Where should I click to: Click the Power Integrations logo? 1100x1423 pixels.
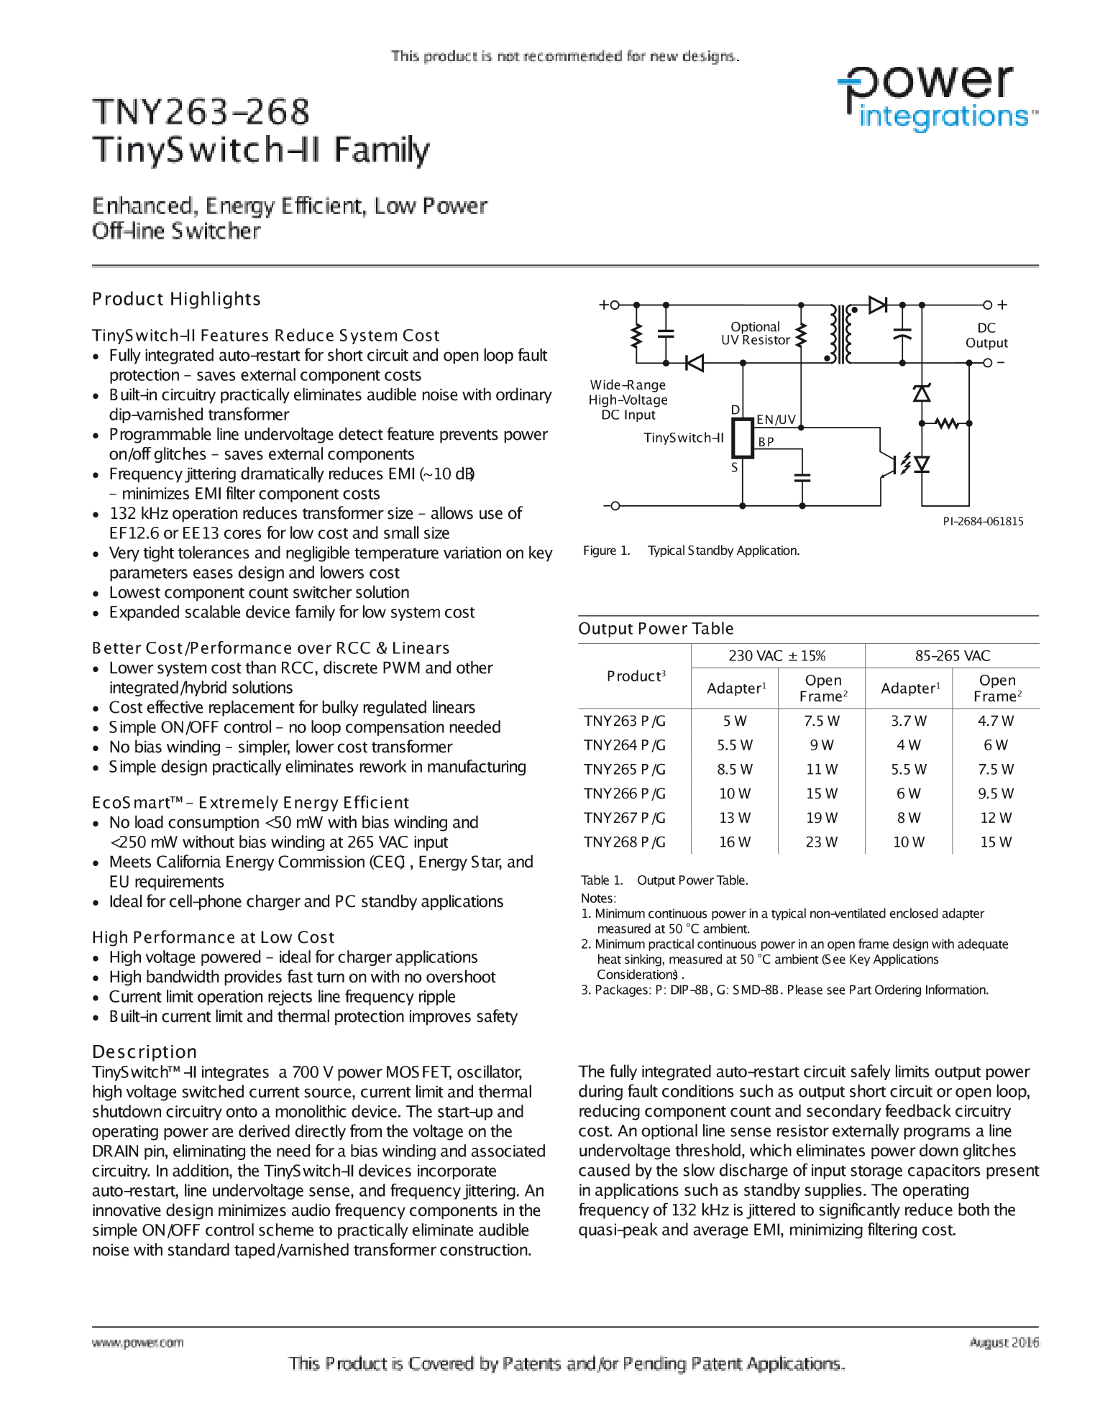click(x=938, y=98)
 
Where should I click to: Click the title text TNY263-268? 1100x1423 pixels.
click(x=201, y=112)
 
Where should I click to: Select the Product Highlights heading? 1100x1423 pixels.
click(x=176, y=299)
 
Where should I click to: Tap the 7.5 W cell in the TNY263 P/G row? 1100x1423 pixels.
click(x=822, y=721)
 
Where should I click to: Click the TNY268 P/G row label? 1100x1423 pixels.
click(x=624, y=842)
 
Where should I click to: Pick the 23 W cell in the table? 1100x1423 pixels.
click(x=822, y=842)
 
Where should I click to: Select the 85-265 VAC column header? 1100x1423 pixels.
click(x=952, y=655)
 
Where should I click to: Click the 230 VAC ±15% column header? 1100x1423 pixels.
click(x=777, y=655)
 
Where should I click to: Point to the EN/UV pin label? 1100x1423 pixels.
click(x=776, y=420)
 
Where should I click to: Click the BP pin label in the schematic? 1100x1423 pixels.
click(x=766, y=442)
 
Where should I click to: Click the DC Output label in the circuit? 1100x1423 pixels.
click(x=986, y=336)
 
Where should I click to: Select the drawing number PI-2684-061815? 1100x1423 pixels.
click(x=983, y=522)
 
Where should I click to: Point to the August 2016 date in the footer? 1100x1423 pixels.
click(x=1004, y=1342)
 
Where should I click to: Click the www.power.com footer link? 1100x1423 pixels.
click(x=137, y=1343)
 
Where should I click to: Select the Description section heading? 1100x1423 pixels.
click(x=144, y=1051)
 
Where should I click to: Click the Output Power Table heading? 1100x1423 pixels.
click(x=656, y=629)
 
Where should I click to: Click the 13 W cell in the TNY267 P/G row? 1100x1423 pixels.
click(x=735, y=818)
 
